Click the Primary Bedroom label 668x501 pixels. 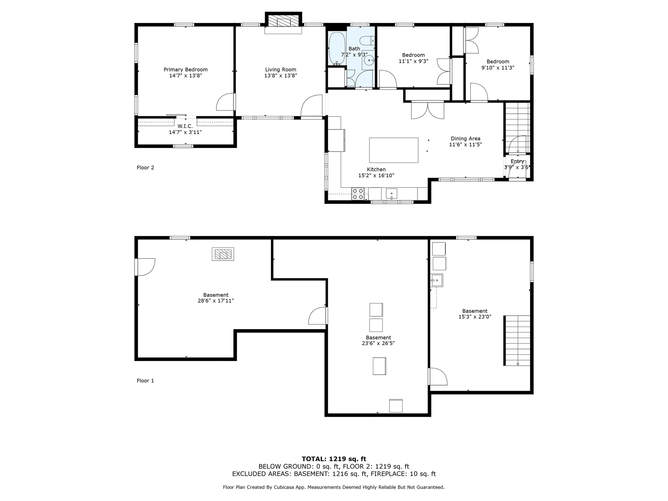tap(185, 70)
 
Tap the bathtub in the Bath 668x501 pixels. tap(336, 49)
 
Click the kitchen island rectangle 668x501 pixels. tap(393, 150)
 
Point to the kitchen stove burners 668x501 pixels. tap(358, 194)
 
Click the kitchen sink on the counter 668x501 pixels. tap(391, 193)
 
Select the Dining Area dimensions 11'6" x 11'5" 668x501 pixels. tap(465, 145)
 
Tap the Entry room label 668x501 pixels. tap(517, 161)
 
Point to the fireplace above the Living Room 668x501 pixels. tap(283, 21)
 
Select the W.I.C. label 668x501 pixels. tap(185, 126)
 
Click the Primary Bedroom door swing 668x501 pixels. tap(225, 102)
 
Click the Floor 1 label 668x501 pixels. tap(145, 381)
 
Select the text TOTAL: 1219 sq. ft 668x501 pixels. tap(334, 459)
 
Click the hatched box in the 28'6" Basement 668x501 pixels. tap(223, 254)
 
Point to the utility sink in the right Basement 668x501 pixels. tap(437, 280)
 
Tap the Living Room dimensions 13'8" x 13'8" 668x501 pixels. tap(280, 75)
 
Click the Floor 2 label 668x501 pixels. tap(145, 168)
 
